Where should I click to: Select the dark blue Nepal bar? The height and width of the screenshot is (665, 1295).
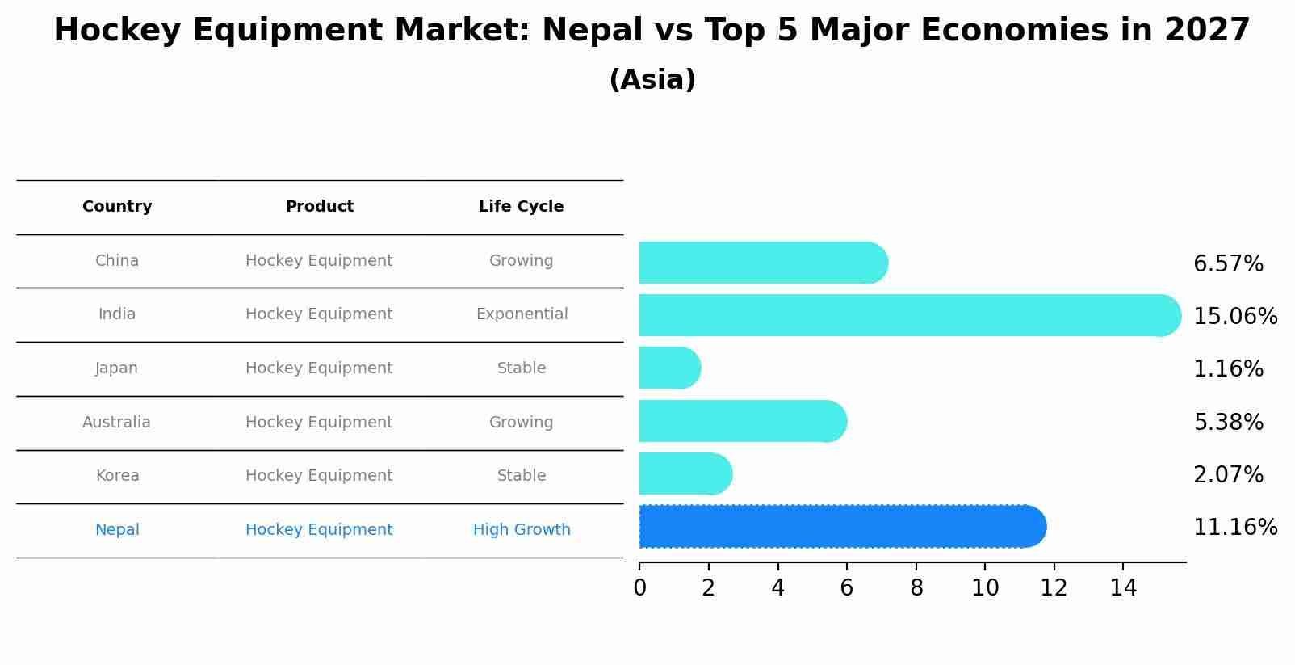click(840, 527)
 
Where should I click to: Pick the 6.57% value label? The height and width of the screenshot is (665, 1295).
click(1227, 264)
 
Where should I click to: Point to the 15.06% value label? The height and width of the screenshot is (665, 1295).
click(1234, 317)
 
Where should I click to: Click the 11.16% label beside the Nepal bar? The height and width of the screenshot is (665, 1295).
click(1234, 528)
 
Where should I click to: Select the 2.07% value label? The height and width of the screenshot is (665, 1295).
click(1227, 475)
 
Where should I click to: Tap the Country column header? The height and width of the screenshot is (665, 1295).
click(117, 207)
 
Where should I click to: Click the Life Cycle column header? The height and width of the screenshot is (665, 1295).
click(521, 207)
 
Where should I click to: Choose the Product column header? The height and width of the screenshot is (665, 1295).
click(319, 207)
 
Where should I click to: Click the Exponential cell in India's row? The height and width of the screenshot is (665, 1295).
click(522, 314)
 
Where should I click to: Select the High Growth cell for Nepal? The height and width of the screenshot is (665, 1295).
click(522, 530)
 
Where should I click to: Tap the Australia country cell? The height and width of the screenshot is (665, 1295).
click(116, 423)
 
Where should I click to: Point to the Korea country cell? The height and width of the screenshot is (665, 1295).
click(117, 476)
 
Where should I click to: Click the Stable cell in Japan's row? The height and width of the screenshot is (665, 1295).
click(522, 368)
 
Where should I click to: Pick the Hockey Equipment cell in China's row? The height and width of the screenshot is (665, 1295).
click(319, 261)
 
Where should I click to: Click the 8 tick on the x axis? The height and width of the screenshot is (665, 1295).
click(916, 588)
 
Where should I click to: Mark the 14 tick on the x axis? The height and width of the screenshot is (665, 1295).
click(1123, 588)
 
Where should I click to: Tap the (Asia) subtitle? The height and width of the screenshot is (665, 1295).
click(652, 80)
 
